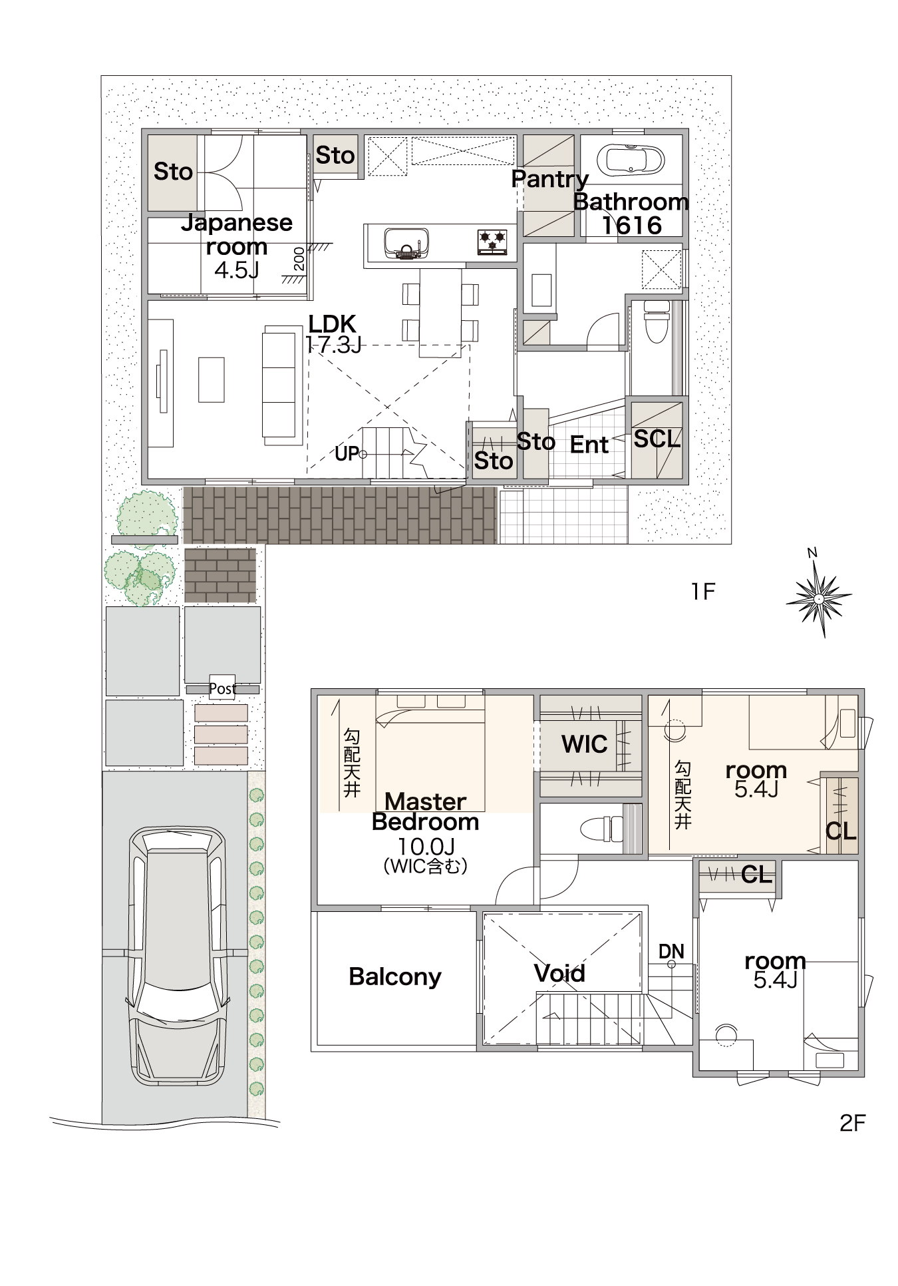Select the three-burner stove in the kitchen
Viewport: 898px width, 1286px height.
(493, 241)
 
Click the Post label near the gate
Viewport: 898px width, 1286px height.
(222, 689)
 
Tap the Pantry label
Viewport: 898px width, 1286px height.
(549, 179)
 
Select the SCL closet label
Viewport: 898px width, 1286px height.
(657, 439)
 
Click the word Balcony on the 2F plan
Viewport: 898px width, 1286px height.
(395, 976)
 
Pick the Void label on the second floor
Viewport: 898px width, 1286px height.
(559, 973)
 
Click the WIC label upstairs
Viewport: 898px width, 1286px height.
(585, 744)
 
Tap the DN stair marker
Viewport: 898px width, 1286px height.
(671, 952)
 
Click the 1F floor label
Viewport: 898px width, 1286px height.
(703, 591)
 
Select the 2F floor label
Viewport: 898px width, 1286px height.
(852, 1123)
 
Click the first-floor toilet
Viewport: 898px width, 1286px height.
(657, 321)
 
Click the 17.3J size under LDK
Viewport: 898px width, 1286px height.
(333, 344)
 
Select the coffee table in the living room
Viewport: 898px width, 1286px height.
(212, 379)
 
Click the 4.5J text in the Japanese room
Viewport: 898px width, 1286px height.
(236, 270)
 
